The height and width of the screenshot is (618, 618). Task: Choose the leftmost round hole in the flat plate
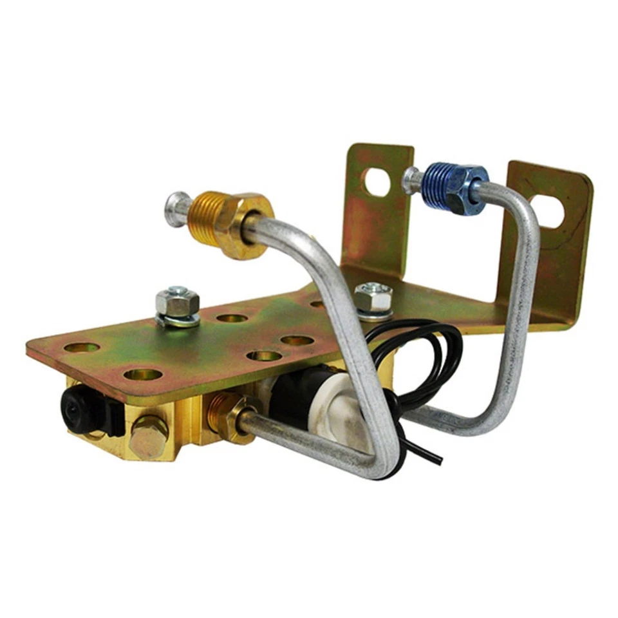(x=82, y=348)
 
